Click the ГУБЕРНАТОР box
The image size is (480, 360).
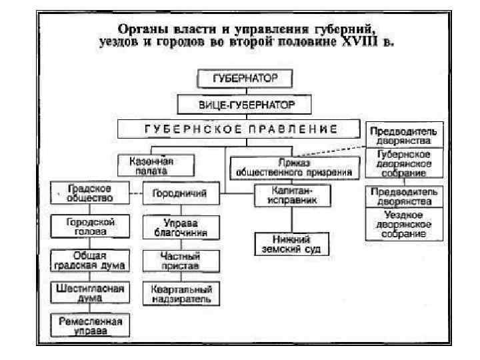point(245,79)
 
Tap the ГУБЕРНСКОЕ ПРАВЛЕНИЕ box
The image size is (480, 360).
point(241,128)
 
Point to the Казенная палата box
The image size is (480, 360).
point(155,164)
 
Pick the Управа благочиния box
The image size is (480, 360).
point(179,228)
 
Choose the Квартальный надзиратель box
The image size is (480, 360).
point(179,294)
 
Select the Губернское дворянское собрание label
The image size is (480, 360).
point(404,163)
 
